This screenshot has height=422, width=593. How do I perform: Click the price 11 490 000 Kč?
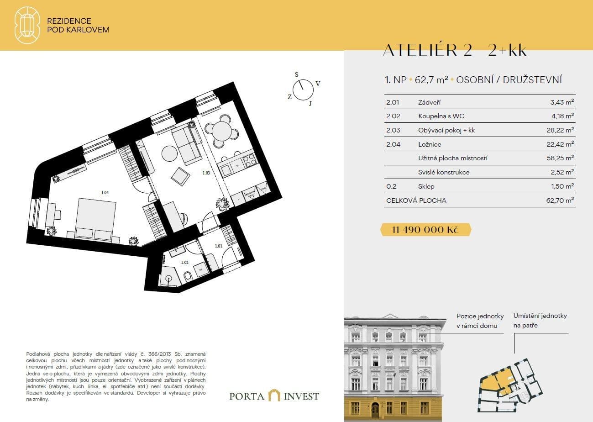tap(425, 230)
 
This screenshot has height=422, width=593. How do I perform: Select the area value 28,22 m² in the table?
tap(562, 130)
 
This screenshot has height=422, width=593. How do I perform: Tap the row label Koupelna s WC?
tap(441, 116)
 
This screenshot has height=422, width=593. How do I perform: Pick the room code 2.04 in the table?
tap(393, 144)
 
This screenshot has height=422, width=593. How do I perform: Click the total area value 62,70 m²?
tap(562, 200)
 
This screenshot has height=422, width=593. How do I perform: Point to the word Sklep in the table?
tap(426, 186)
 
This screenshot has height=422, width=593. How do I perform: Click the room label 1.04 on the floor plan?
tap(105, 192)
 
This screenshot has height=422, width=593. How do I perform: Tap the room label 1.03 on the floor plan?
tap(206, 173)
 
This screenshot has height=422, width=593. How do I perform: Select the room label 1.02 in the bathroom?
tap(184, 263)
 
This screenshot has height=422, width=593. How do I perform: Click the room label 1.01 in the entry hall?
tap(218, 247)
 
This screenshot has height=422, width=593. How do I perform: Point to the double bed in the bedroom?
tap(94, 218)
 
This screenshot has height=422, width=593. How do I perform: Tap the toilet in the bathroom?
tap(187, 276)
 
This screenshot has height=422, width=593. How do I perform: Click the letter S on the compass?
tap(296, 74)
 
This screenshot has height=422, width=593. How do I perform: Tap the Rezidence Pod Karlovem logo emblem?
tap(27, 25)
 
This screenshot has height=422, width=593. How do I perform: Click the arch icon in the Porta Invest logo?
tap(274, 396)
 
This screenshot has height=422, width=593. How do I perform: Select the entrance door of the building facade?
tap(375, 411)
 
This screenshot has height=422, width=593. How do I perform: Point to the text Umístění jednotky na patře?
tap(540, 321)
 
